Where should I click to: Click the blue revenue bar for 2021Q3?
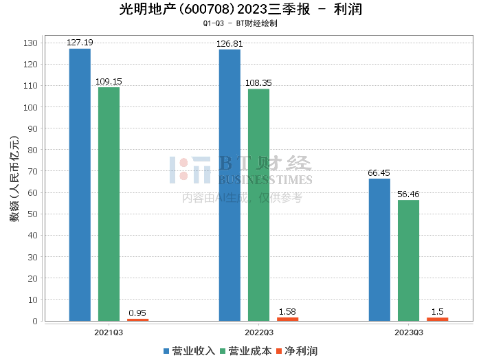pyautogui.click(x=80, y=185)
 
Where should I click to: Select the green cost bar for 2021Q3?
pyautogui.click(x=109, y=204)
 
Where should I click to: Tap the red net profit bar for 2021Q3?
pyautogui.click(x=137, y=319)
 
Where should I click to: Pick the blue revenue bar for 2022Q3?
pyautogui.click(x=230, y=185)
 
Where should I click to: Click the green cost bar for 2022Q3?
pyautogui.click(x=258, y=205)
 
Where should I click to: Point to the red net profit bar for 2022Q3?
pyautogui.click(x=287, y=319)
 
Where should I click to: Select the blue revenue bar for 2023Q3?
pyautogui.click(x=379, y=250)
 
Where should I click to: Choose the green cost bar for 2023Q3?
pyautogui.click(x=408, y=260)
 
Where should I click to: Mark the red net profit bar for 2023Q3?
pyautogui.click(x=437, y=319)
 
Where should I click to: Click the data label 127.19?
pyautogui.click(x=80, y=43)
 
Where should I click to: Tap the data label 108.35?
pyautogui.click(x=258, y=83)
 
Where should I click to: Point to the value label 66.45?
pyautogui.click(x=379, y=173)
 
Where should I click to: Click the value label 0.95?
pyautogui.click(x=137, y=313)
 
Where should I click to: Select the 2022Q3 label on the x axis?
pyautogui.click(x=258, y=332)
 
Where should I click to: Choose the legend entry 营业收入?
pyautogui.click(x=189, y=350)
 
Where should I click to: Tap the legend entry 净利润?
pyautogui.click(x=296, y=350)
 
